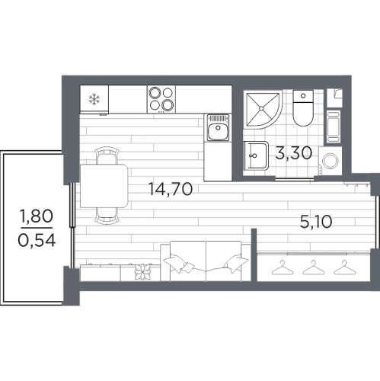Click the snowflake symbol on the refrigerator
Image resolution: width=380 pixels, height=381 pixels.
tap(94, 99)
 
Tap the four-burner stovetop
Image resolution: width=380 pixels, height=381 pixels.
tap(161, 99)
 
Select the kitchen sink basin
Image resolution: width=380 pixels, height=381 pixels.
tap(218, 132)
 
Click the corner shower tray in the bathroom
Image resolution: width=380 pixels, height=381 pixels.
tap(262, 109)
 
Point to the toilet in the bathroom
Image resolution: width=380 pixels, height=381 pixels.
tap(303, 108)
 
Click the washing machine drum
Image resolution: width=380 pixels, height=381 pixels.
tap(331, 161)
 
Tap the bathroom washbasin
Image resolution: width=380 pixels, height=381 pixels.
tap(256, 155)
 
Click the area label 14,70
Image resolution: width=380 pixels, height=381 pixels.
tap(170, 189)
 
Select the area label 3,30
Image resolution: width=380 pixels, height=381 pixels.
tap(294, 153)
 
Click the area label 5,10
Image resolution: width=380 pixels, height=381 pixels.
tap(316, 221)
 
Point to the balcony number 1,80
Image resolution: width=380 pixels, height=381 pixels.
tap(37, 216)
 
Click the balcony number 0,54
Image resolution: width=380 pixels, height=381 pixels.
tap(37, 240)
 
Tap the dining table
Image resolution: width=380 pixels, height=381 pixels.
tap(104, 186)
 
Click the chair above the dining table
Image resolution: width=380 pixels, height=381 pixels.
tap(107, 155)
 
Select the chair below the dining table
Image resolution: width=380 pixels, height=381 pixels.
tap(107, 216)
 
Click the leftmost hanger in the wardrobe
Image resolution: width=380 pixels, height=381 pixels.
tap(283, 267)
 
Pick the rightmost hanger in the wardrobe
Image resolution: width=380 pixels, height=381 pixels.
tap(344, 267)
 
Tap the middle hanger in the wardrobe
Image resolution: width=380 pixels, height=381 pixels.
tap(313, 267)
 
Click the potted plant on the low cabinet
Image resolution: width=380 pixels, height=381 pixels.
tap(142, 272)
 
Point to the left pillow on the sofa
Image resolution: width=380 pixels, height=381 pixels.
tap(178, 264)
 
